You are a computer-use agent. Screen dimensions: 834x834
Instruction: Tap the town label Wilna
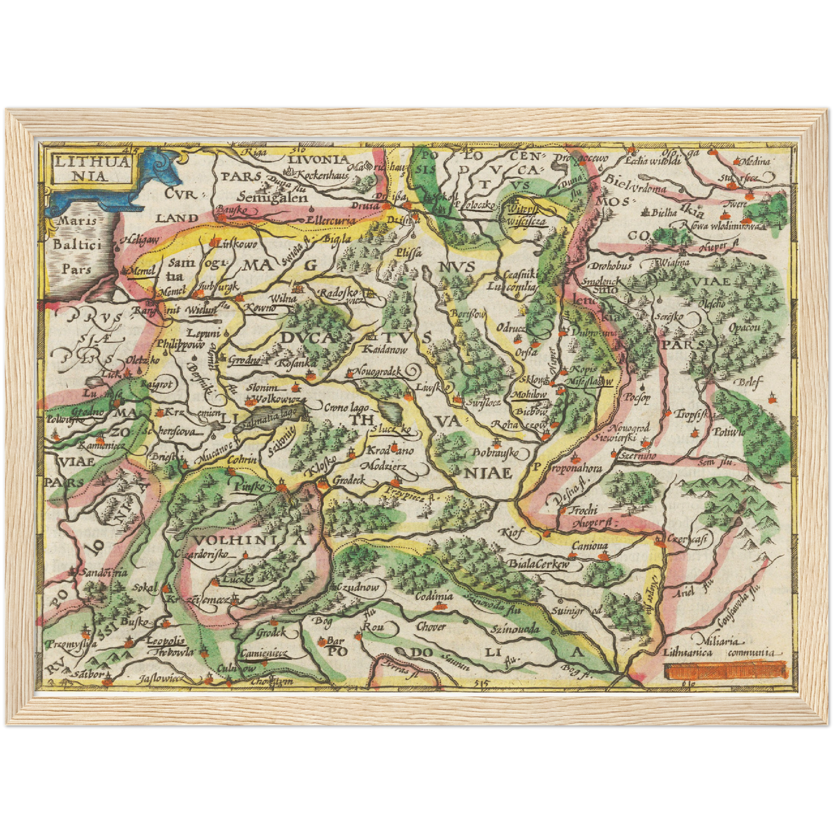pos(283,298)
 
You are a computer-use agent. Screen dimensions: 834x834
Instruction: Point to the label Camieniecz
pos(264,653)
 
